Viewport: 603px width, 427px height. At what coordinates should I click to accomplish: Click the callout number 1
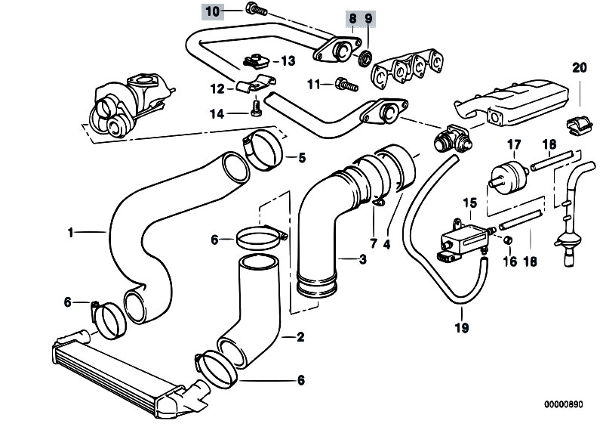69,234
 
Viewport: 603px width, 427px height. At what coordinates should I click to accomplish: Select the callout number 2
300,337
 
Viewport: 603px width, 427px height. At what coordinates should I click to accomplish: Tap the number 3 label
363,260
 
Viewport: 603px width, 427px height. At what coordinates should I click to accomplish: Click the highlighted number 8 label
352,17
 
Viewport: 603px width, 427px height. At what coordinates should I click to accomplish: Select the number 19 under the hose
462,328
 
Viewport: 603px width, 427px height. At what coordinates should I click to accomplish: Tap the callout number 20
579,68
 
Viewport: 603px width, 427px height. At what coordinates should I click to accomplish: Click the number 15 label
470,203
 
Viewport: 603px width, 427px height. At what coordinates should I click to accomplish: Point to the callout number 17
514,144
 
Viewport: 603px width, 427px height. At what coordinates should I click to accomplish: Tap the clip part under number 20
579,125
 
